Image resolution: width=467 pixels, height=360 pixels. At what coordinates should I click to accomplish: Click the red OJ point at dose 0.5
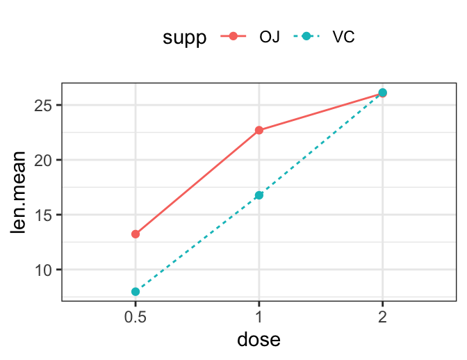tap(136, 234)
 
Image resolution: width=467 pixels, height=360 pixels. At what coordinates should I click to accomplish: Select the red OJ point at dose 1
tap(259, 130)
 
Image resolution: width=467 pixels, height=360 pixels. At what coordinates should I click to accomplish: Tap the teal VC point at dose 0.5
tap(136, 292)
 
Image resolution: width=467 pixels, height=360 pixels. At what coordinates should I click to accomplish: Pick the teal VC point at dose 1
tap(259, 195)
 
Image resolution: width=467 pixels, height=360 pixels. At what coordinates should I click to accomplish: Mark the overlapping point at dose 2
tap(382, 92)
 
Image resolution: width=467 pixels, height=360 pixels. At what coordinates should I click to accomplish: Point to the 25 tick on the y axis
tap(45, 106)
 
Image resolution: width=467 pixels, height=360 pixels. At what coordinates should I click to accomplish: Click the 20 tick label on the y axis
tap(45, 160)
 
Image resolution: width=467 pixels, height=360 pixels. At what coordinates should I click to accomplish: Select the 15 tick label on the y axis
tap(45, 215)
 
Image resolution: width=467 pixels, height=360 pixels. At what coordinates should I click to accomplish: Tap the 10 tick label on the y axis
tap(45, 270)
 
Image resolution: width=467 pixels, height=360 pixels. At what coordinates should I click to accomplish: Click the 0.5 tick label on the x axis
tap(136, 315)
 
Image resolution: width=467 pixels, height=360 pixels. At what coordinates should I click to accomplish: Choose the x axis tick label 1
tap(259, 315)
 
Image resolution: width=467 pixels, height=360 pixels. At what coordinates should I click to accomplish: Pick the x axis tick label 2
tap(382, 315)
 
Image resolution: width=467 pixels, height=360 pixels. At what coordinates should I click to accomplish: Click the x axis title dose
tap(259, 341)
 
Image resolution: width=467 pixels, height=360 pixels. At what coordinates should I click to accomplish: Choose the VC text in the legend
tap(343, 37)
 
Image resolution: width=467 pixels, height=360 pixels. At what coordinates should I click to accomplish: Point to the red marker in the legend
tap(233, 37)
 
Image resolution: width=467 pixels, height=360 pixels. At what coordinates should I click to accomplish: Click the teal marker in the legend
tap(306, 37)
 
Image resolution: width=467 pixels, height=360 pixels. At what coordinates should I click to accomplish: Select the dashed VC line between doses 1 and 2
tap(321, 144)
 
